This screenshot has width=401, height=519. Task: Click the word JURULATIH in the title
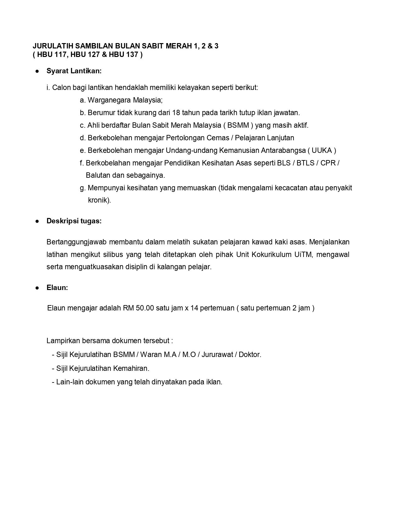point(53,46)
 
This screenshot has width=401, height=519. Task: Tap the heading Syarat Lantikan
point(74,71)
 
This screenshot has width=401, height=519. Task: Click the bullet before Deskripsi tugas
point(37,221)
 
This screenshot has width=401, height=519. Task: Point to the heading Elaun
point(57,288)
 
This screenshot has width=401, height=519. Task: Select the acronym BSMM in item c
point(238,125)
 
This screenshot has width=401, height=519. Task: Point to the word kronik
point(99,200)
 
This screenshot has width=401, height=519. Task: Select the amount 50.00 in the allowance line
point(145,308)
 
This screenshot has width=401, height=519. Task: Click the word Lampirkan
point(63,341)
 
